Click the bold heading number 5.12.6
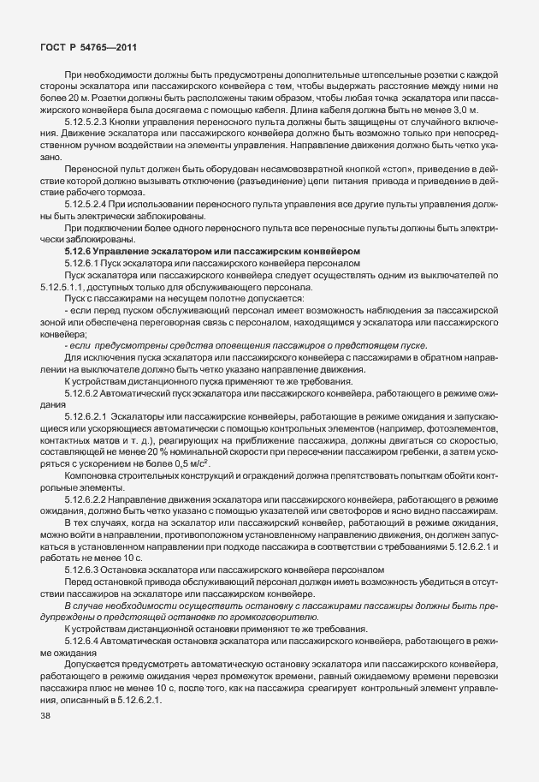(78, 250)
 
